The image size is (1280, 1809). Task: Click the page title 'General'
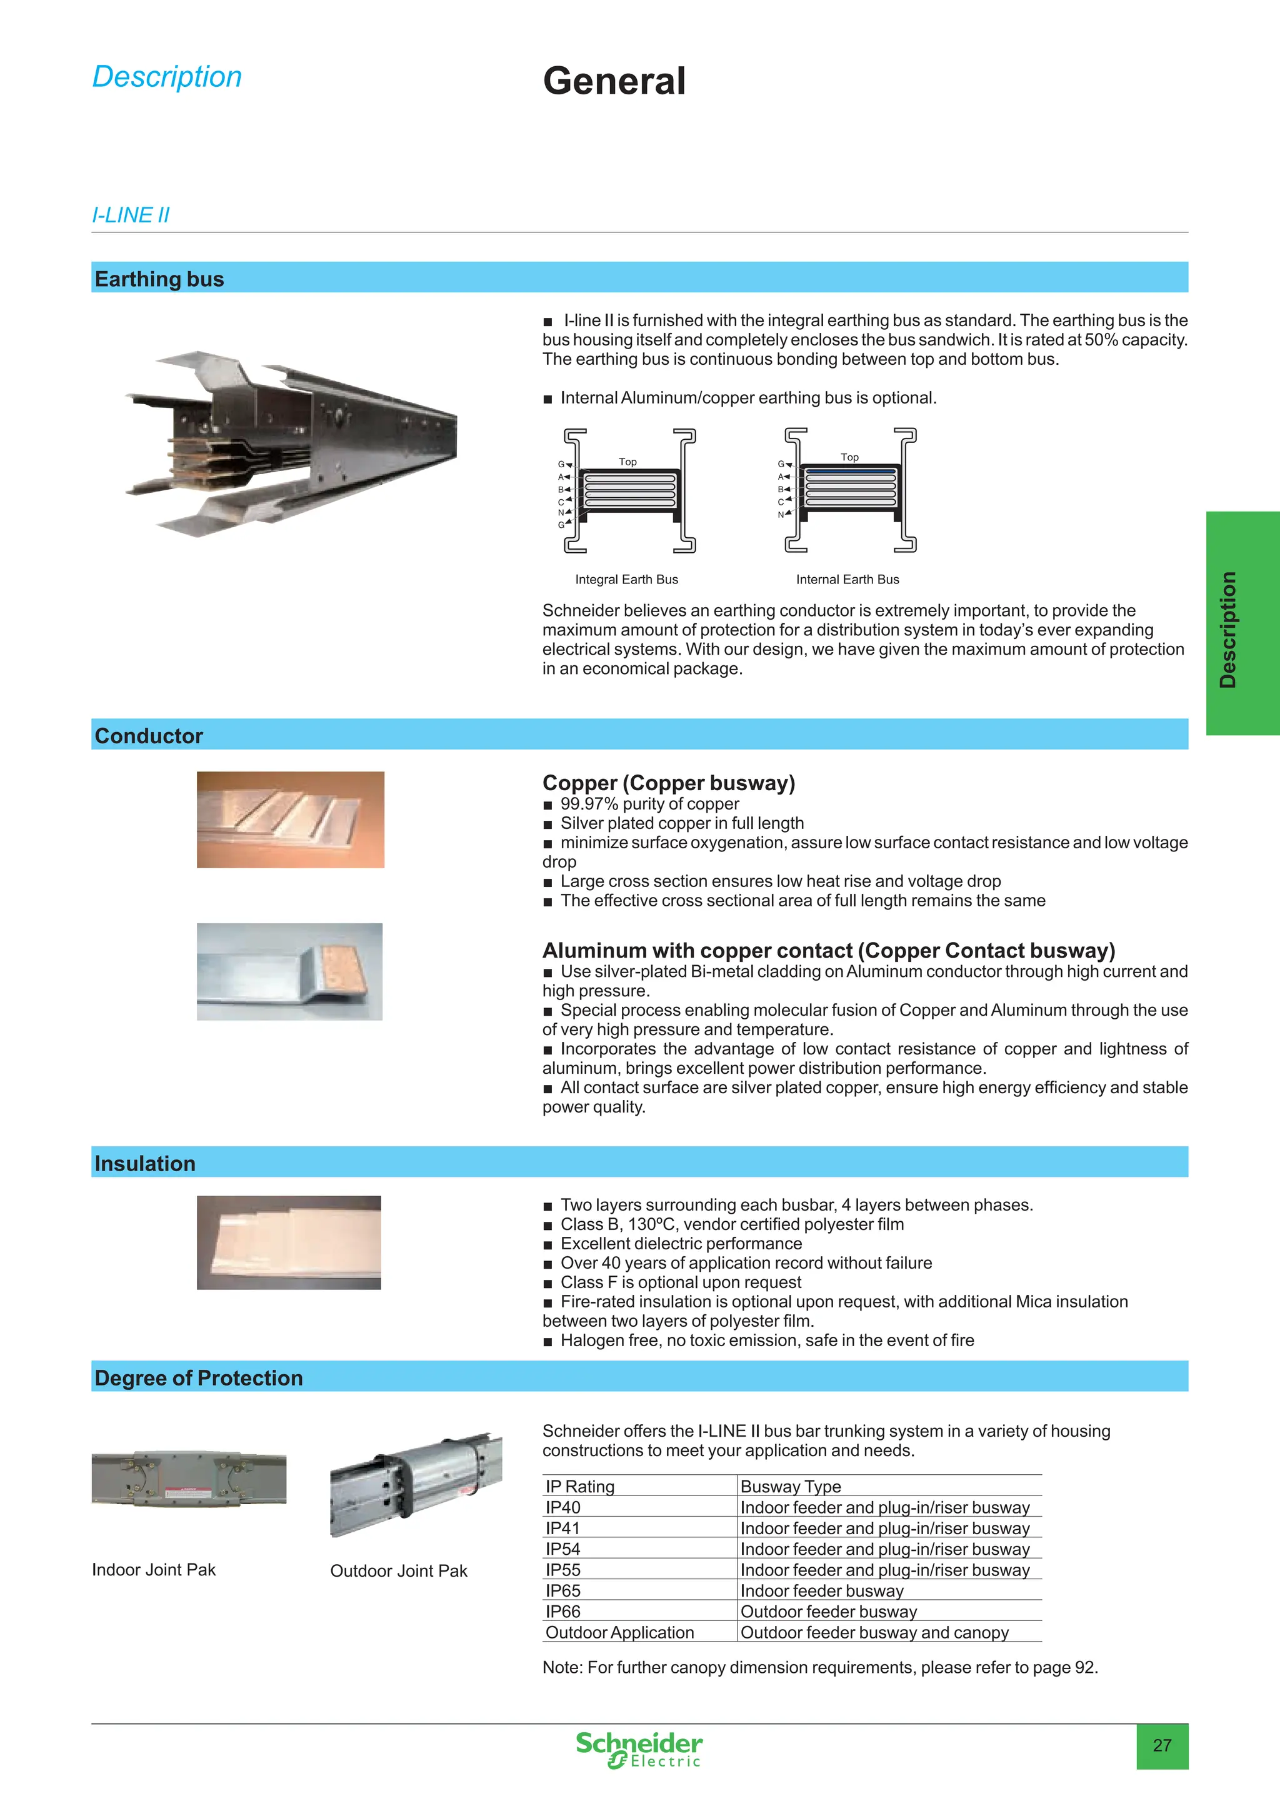tap(614, 81)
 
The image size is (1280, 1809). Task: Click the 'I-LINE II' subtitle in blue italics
tap(131, 215)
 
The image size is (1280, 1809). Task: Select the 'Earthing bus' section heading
tap(159, 279)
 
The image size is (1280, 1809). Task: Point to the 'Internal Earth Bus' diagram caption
tap(847, 579)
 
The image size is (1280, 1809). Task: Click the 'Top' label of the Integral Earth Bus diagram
tap(627, 462)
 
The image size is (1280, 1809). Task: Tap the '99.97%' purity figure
tap(589, 804)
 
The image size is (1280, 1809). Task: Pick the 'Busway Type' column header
tap(791, 1486)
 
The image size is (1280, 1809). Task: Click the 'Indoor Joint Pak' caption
tap(154, 1570)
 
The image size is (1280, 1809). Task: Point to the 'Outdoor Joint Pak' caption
tap(399, 1571)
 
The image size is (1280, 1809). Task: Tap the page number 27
tap(1162, 1745)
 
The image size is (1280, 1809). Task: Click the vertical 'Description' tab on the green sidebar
tap(1227, 630)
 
